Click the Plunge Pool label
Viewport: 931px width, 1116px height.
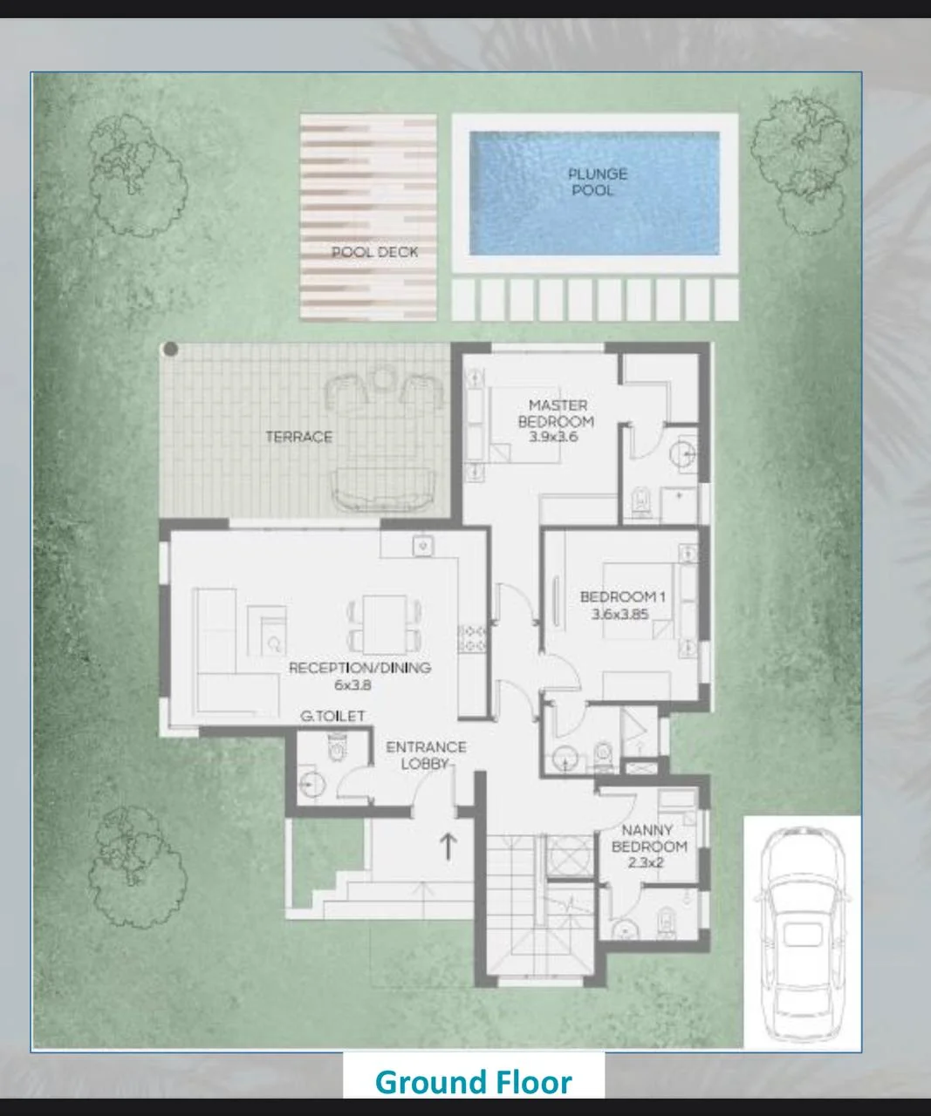click(x=597, y=181)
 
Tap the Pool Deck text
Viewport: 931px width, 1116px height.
click(x=374, y=252)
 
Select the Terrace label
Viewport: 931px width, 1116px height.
click(x=299, y=437)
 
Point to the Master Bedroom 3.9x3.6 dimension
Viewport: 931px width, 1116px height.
click(x=554, y=437)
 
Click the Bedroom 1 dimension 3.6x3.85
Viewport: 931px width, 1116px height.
click(x=620, y=614)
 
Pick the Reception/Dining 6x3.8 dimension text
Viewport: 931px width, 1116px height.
click(x=353, y=684)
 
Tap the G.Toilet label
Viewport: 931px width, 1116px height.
click(x=332, y=716)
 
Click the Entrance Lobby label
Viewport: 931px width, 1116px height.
click(x=426, y=755)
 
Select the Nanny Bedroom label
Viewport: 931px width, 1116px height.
click(x=649, y=838)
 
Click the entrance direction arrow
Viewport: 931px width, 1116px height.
click(x=448, y=847)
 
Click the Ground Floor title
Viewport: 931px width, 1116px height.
click(x=474, y=1082)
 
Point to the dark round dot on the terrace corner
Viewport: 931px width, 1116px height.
click(x=171, y=349)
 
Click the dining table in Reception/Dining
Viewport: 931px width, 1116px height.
click(x=384, y=625)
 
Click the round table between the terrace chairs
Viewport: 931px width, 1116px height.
click(x=383, y=378)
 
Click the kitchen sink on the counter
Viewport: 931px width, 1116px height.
click(x=422, y=546)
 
